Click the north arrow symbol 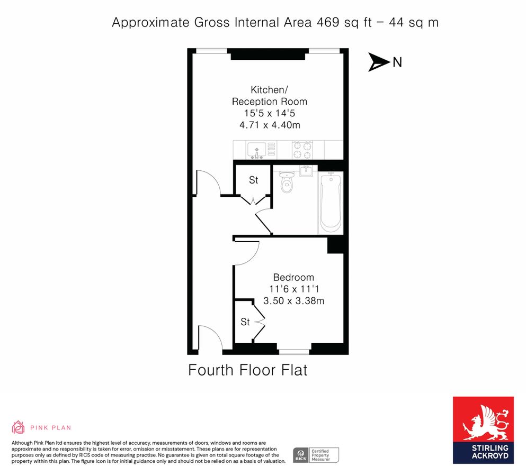point(379,62)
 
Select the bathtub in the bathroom point(330,203)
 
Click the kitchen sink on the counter point(256,150)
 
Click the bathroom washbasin point(307,171)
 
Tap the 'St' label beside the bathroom point(253,180)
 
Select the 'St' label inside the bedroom point(245,322)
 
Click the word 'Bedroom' point(293,277)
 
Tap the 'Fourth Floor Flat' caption point(247,370)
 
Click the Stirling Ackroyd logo point(483,430)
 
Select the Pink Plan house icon point(19,427)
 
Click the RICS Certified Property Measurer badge point(316,455)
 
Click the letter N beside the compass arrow point(397,62)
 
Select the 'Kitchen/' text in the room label point(270,89)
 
